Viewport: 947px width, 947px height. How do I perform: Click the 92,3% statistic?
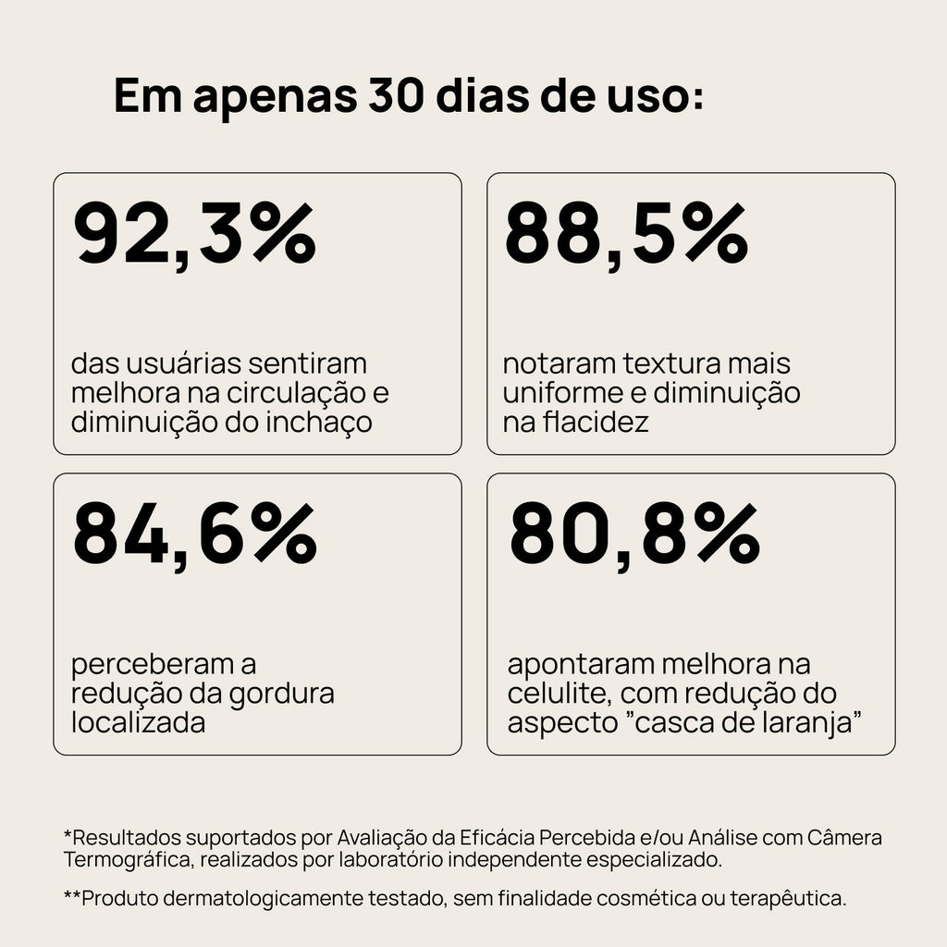click(194, 235)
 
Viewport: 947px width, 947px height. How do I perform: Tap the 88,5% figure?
click(626, 235)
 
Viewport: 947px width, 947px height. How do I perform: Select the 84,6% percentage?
click(194, 535)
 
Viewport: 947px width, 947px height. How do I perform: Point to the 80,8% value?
click(634, 535)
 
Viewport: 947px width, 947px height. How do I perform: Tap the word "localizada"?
click(138, 722)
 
